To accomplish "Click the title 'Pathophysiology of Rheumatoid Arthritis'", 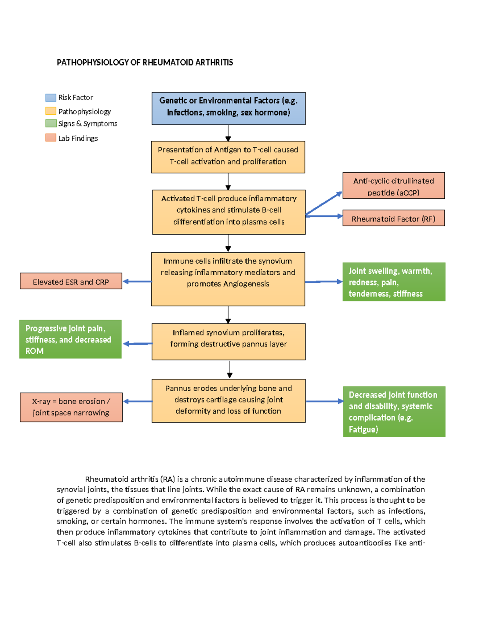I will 145,62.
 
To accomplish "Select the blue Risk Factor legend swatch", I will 51,97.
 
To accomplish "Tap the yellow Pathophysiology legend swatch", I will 51,111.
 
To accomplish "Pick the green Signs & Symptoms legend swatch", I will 51,123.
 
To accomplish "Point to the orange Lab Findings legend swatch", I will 51,138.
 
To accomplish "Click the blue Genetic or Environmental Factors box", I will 228,108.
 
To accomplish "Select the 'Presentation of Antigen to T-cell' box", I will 228,157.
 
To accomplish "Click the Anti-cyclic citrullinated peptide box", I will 393,186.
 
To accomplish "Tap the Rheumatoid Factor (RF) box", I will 393,218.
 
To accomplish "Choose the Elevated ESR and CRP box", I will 71,281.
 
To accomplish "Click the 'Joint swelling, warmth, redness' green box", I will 394,282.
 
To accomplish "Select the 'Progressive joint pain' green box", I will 70,339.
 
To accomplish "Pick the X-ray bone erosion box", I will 71,407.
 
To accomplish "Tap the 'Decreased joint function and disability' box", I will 394,411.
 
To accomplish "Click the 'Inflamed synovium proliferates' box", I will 228,341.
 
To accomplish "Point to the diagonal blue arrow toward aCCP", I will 324,203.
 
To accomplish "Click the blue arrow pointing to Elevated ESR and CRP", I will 137,281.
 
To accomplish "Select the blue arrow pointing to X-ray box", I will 137,401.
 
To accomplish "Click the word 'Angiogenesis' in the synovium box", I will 246,284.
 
